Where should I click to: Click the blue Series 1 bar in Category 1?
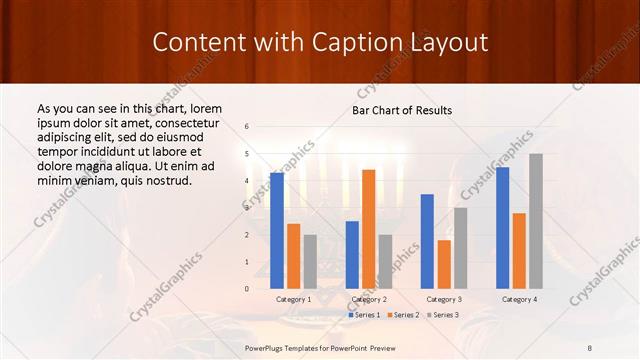point(277,230)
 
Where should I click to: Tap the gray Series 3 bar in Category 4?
point(536,221)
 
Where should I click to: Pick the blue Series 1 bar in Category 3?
point(427,241)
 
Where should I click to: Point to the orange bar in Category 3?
point(444,264)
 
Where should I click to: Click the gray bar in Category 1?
point(310,261)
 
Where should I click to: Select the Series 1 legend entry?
point(364,315)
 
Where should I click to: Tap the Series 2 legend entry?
point(403,315)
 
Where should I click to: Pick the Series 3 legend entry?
point(443,315)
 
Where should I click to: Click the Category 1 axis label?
point(293,299)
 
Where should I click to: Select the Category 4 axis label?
point(519,299)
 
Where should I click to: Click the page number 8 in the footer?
point(590,346)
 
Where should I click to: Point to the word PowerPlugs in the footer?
point(267,346)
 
